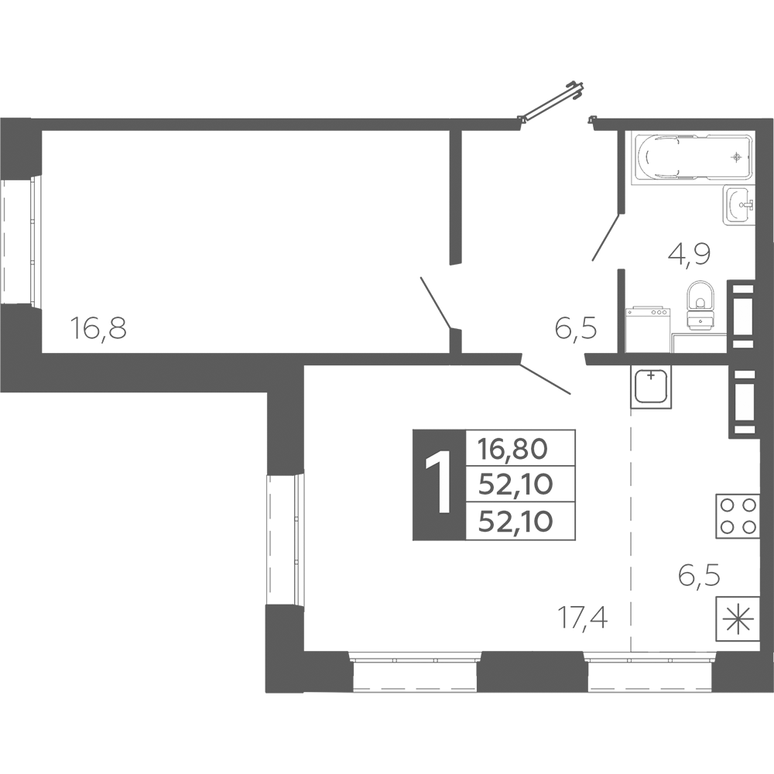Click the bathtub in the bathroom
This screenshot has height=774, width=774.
[693, 157]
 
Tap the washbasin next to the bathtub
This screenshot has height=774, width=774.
[739, 205]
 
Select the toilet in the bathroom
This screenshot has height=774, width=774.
[700, 306]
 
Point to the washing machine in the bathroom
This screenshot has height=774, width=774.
[648, 330]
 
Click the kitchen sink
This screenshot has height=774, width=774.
[651, 386]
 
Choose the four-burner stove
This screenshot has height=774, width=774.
[738, 515]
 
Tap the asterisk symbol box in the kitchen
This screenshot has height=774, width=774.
[738, 618]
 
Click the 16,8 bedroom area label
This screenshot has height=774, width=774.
[99, 327]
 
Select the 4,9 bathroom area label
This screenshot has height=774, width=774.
[689, 255]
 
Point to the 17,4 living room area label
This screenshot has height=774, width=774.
[583, 617]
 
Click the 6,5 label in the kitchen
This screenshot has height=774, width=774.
[699, 576]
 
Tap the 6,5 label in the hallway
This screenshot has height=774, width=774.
[576, 327]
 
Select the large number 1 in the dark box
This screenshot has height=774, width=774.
[439, 485]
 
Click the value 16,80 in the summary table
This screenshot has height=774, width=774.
[513, 449]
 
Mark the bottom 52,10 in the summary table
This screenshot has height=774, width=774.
[515, 521]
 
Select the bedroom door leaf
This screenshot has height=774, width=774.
[435, 302]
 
